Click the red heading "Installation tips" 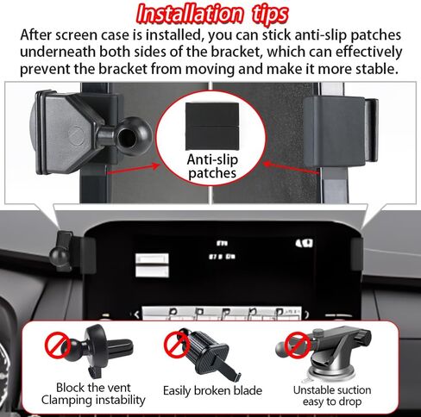pyautogui.click(x=212, y=14)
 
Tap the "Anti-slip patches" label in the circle pyautogui.click(x=212, y=166)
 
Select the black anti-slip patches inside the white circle pyautogui.click(x=212, y=127)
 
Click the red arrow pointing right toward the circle pyautogui.click(x=133, y=169)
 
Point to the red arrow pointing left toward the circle pyautogui.click(x=292, y=168)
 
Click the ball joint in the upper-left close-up pyautogui.click(x=133, y=136)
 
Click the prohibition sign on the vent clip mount pyautogui.click(x=58, y=345)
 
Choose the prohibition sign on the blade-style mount pyautogui.click(x=176, y=345)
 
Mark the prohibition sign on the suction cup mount pyautogui.click(x=298, y=345)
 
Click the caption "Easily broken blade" pyautogui.click(x=212, y=390)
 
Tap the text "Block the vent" pyautogui.click(x=93, y=388)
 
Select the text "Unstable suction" pyautogui.click(x=332, y=390)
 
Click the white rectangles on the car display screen pyautogui.click(x=152, y=265)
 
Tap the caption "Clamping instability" pyautogui.click(x=93, y=400)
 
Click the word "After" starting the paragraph pyautogui.click(x=36, y=35)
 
